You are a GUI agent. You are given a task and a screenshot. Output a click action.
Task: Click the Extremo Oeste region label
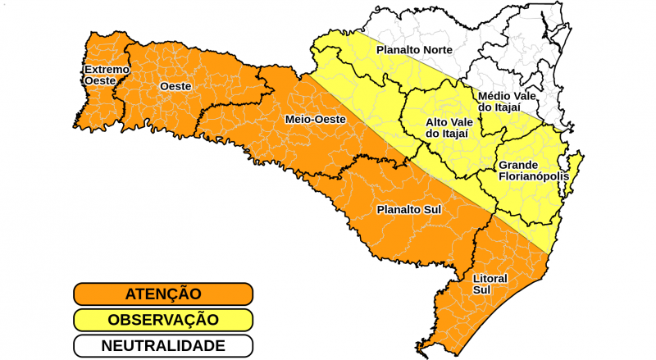[x=107, y=75]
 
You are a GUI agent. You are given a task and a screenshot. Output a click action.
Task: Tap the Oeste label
[x=175, y=86]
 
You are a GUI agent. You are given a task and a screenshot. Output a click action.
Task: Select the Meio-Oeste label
[x=315, y=120]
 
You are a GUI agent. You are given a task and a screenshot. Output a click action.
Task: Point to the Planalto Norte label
[x=413, y=50]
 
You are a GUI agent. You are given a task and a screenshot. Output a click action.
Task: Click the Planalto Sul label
[x=408, y=210]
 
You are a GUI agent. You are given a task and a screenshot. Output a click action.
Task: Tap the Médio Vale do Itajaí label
[x=507, y=102]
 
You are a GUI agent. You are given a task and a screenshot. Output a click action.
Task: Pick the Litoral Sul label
[x=490, y=284]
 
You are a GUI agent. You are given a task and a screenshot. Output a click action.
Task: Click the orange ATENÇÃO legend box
[x=162, y=294]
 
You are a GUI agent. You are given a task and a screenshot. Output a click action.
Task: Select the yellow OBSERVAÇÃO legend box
[x=162, y=319]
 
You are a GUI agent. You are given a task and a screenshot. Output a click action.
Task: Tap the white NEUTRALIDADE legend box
[x=162, y=345]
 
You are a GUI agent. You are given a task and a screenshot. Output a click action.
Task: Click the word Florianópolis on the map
[x=533, y=175]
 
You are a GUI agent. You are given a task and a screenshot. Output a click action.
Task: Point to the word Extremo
[x=107, y=69]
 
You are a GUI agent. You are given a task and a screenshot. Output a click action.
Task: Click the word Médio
[x=495, y=96]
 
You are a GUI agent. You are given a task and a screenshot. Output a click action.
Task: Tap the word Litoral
[x=490, y=278]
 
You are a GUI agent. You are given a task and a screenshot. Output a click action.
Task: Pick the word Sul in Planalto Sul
[x=432, y=210]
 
